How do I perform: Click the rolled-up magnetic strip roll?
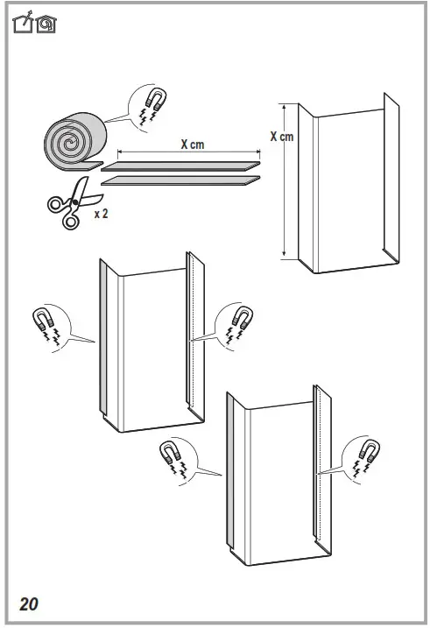pyautogui.click(x=73, y=140)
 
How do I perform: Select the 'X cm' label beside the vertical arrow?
pyautogui.click(x=281, y=137)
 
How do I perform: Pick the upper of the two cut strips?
pyautogui.click(x=182, y=165)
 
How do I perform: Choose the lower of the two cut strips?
pyautogui.click(x=181, y=180)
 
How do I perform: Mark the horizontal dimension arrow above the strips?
pyautogui.click(x=184, y=154)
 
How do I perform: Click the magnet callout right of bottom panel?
pyautogui.click(x=364, y=455)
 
